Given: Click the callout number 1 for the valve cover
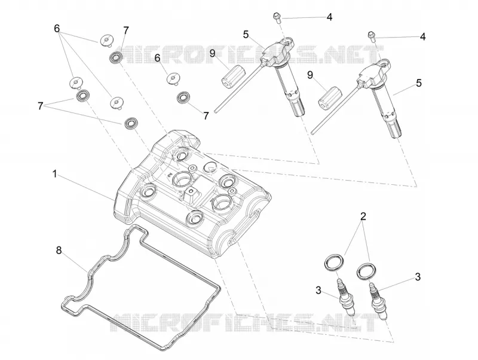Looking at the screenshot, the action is [x=54, y=174].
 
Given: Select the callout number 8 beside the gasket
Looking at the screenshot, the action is [x=59, y=250].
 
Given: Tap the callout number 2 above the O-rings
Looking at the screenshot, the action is [x=363, y=216].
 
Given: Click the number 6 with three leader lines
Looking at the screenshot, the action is [x=57, y=29].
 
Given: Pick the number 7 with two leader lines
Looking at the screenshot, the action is [x=40, y=106].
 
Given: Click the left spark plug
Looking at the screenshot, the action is [x=346, y=297].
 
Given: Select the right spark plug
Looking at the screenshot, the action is [x=379, y=301].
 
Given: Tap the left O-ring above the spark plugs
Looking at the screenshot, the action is [x=335, y=263].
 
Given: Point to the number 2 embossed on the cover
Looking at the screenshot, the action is [x=168, y=174].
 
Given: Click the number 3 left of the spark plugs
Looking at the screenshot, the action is [x=318, y=291].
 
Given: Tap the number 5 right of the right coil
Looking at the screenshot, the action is [x=419, y=83].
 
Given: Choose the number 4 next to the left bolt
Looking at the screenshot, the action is [x=329, y=17].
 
